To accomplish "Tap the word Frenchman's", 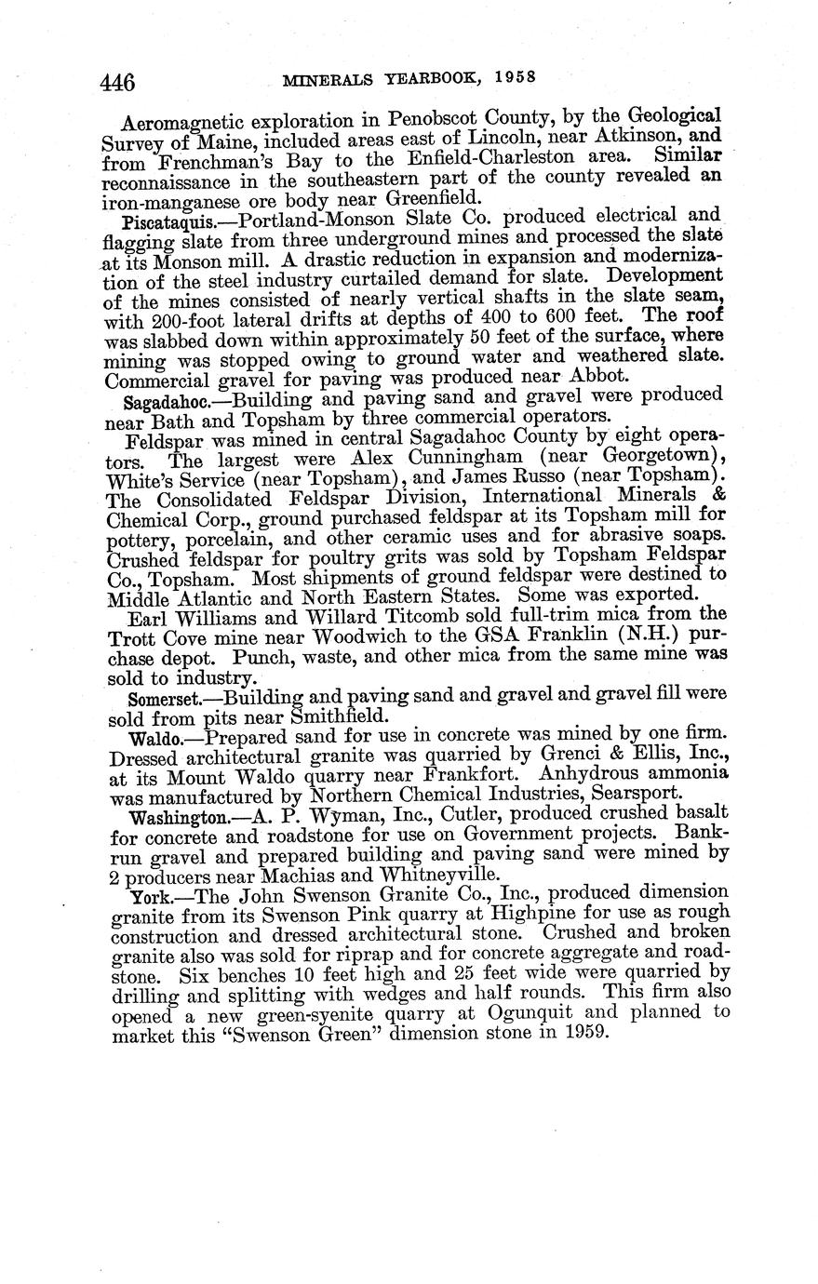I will [192, 161].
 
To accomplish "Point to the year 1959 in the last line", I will [585, 1031].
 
